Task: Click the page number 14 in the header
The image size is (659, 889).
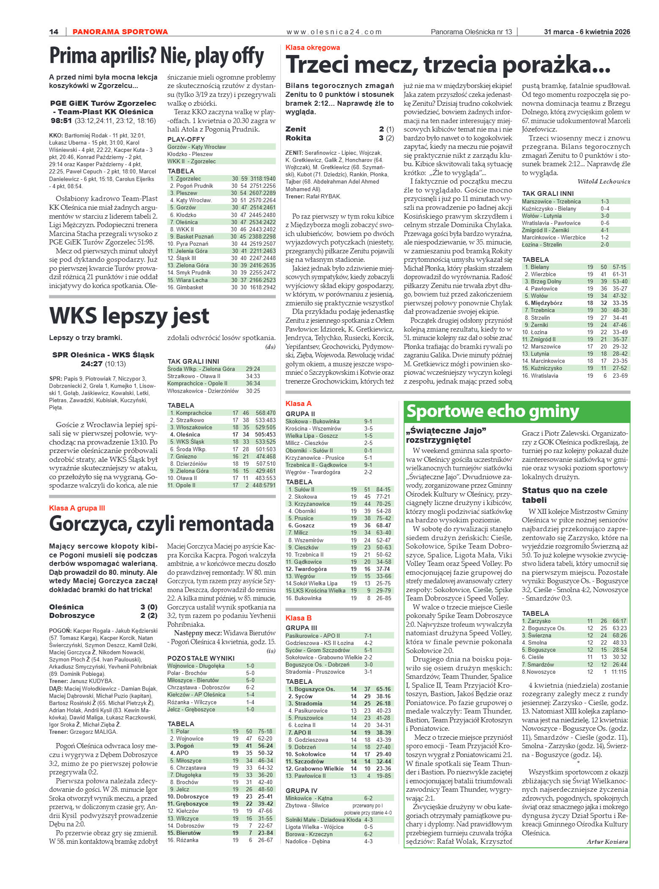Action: (54, 32)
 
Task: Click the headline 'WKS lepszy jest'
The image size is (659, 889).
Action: (129, 316)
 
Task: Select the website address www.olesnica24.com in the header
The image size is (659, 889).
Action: (334, 32)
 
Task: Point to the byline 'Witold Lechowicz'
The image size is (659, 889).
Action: (604, 181)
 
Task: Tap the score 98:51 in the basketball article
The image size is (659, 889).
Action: (62, 121)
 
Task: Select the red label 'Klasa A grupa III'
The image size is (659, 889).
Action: (77, 508)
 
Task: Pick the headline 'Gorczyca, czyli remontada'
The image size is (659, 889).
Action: (162, 524)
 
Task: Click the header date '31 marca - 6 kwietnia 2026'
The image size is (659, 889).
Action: (587, 32)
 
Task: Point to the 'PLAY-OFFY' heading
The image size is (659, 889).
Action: (186, 139)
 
